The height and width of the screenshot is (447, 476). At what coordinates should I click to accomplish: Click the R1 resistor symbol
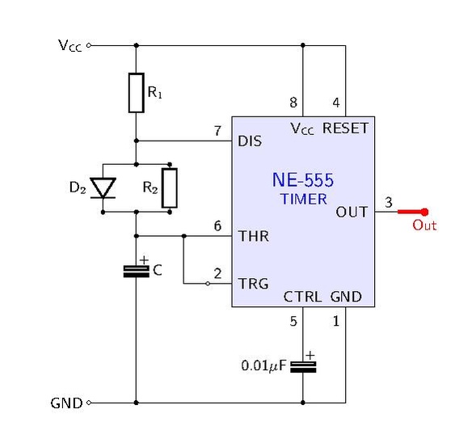click(x=137, y=93)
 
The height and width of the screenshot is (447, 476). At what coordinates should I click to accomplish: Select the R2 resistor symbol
click(x=170, y=188)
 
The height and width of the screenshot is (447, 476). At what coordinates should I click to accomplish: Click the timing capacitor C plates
click(x=137, y=272)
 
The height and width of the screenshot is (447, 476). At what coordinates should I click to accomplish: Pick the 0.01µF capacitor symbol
click(x=303, y=367)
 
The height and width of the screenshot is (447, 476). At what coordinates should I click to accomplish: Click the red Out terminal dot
click(x=425, y=212)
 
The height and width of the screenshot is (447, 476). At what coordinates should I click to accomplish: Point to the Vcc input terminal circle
click(x=89, y=45)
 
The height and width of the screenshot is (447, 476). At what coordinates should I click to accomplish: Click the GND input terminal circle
click(x=89, y=403)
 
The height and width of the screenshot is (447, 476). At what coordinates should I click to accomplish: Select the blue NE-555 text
click(x=303, y=179)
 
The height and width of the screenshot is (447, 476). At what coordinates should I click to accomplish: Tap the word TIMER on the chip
click(x=304, y=199)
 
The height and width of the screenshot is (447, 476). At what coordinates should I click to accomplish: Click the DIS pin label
click(x=250, y=141)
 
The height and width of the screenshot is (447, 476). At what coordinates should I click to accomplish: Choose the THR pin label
click(x=253, y=236)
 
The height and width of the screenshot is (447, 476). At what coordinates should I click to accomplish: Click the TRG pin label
click(x=253, y=284)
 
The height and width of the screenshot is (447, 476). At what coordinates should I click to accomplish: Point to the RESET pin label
click(x=345, y=129)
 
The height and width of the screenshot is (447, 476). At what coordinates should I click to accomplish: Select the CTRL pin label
click(x=302, y=297)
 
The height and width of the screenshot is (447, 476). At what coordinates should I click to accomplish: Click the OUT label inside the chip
click(x=352, y=212)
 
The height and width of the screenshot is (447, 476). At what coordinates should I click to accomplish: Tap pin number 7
click(x=217, y=131)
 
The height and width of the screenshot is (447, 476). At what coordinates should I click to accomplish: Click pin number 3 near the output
click(x=389, y=203)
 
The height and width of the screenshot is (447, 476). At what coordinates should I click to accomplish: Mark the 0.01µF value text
click(x=263, y=365)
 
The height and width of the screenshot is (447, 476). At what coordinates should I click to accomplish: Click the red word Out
click(x=424, y=226)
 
